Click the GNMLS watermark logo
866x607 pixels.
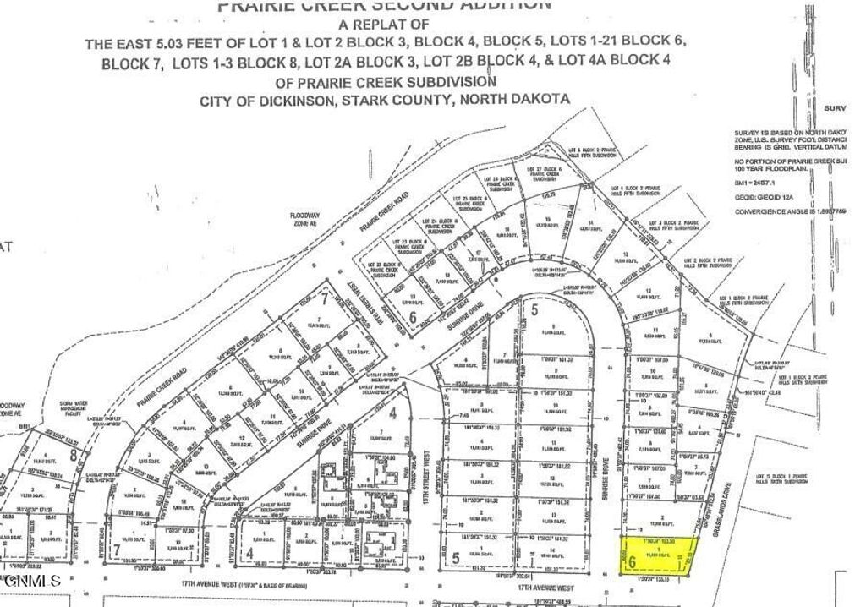tap(31, 581)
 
